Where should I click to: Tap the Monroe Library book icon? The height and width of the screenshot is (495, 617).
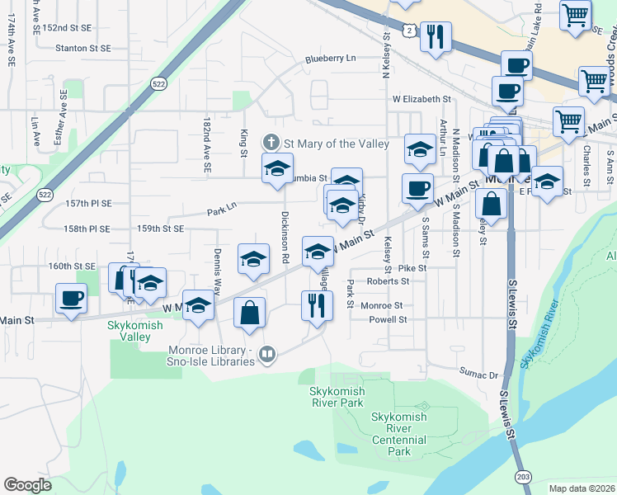pos(266,356)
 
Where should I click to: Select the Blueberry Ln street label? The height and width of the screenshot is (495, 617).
pos(330,59)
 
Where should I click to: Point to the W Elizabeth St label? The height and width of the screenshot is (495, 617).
pos(422,99)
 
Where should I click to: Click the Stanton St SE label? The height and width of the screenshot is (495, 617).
pos(83,49)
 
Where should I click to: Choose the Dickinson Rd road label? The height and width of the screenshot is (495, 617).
pos(285,237)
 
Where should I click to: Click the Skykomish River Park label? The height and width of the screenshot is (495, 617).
pos(337,397)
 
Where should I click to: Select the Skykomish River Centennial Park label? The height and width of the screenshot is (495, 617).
pos(399,434)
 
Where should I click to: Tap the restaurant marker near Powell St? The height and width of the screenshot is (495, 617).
pos(316,304)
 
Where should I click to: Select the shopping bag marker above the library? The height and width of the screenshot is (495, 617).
pos(249,313)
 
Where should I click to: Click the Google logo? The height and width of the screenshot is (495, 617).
pos(27,485)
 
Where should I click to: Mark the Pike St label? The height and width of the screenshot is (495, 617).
pos(412,268)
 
